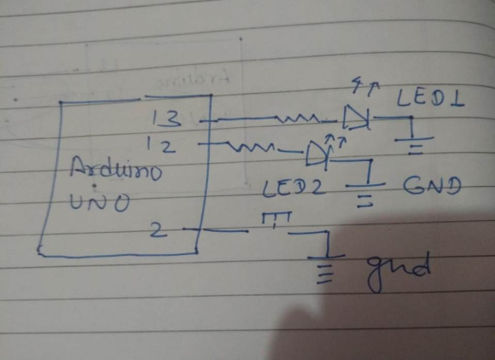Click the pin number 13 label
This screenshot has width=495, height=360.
click(x=166, y=119)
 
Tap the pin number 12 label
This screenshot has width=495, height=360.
click(x=160, y=146)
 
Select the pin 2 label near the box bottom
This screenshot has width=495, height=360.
click(x=159, y=230)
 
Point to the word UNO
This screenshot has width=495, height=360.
click(x=100, y=201)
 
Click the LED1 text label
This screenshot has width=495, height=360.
click(x=430, y=98)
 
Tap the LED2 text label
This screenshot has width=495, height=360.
click(x=294, y=188)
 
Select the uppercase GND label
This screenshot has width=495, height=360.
click(x=432, y=185)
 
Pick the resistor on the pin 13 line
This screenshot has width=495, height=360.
click(x=299, y=119)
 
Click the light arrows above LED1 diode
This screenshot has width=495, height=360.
click(x=366, y=86)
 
